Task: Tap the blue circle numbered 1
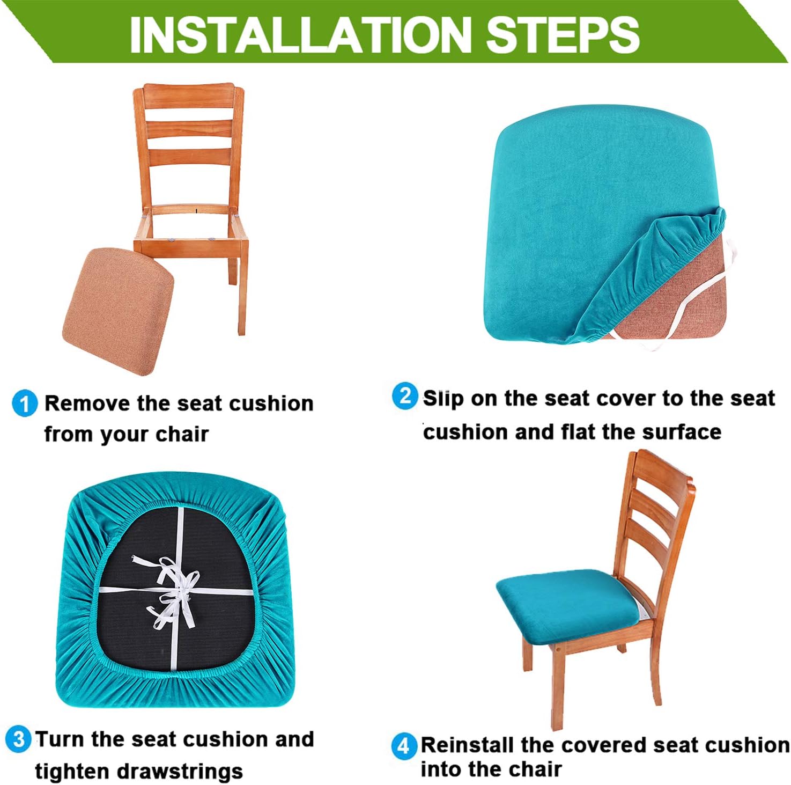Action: [25, 403]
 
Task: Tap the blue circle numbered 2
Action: [405, 397]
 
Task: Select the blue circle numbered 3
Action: [18, 739]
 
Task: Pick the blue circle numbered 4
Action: [403, 746]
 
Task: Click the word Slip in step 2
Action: [443, 399]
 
